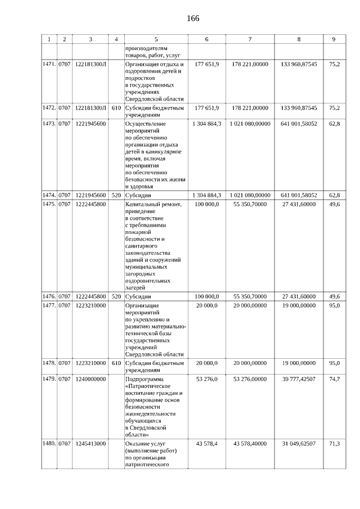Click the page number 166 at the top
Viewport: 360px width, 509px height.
193,18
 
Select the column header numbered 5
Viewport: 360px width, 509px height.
156,39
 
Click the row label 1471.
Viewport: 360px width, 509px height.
49,65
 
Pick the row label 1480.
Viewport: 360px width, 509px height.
49,444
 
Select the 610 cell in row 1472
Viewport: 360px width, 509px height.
116,107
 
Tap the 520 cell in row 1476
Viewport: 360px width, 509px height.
116,296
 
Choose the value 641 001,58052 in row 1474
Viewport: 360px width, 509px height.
298,195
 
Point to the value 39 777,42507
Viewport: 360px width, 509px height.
298,380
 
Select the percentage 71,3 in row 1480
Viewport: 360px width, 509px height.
334,444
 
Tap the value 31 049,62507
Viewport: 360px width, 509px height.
298,444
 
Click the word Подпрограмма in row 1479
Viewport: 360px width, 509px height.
144,380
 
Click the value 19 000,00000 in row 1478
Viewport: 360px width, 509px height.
298,363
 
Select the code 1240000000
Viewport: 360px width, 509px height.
91,380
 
